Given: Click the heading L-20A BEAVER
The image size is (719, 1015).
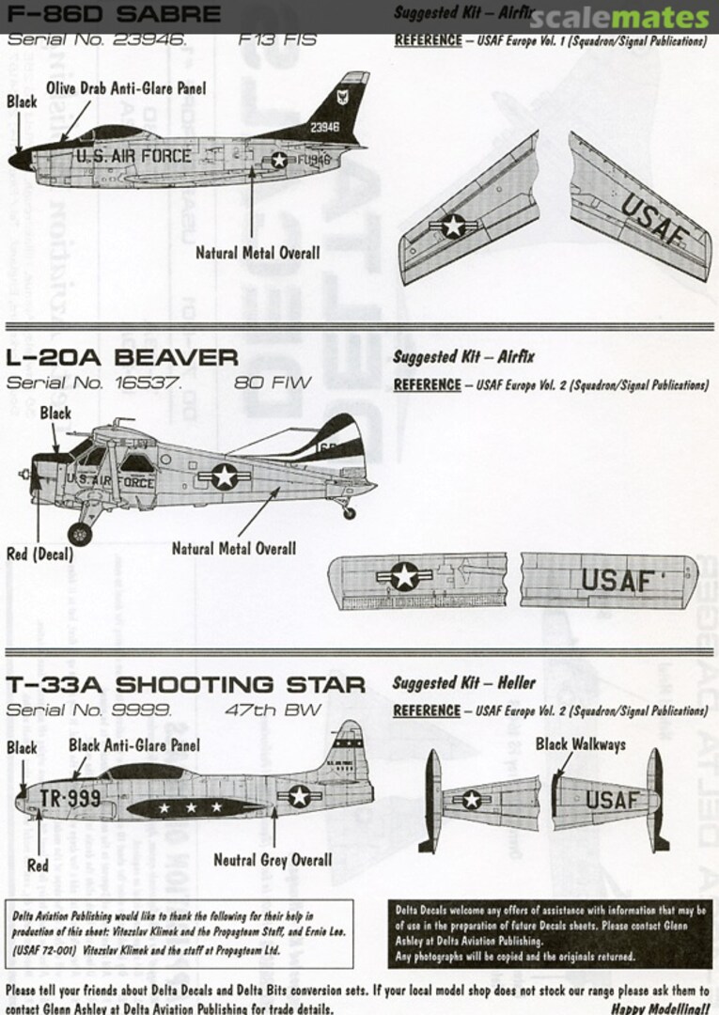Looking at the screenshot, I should click(122, 357).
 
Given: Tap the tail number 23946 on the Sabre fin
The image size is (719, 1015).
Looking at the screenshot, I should click(324, 127).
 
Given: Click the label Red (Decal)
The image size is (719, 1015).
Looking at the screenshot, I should click(39, 554).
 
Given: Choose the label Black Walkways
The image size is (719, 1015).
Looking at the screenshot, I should click(580, 744).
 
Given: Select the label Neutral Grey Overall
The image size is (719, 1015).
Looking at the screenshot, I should click(273, 859).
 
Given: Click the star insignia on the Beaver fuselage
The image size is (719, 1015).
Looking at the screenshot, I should click(224, 476).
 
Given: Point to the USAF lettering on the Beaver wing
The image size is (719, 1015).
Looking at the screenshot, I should click(617, 581).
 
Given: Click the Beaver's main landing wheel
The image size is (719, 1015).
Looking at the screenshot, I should click(80, 533).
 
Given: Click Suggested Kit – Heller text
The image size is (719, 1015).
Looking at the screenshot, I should click(463, 683).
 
